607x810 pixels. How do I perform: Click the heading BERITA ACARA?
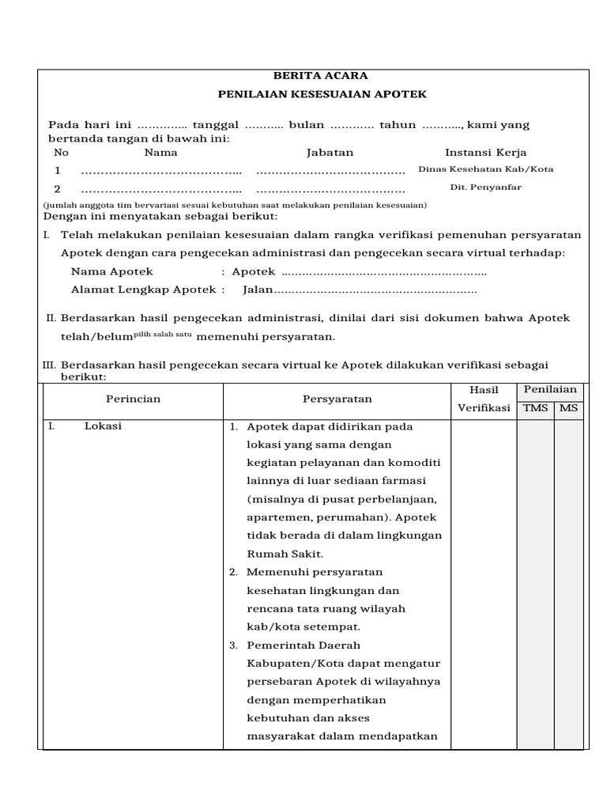pos(320,76)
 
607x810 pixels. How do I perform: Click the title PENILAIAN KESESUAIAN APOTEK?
pos(322,94)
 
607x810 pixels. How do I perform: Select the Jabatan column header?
pos(330,153)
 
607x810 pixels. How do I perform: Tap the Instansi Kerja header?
pos(485,153)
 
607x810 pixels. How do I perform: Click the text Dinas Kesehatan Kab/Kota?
pos(485,169)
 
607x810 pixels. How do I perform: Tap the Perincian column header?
pos(133,399)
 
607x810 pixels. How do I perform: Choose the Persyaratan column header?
pos(337,399)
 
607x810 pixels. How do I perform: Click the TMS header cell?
pos(535,408)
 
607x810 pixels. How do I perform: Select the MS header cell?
pos(568,408)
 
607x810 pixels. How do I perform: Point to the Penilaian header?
pos(551,389)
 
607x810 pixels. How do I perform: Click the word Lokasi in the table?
pos(103,426)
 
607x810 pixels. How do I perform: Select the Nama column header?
pos(161,153)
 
